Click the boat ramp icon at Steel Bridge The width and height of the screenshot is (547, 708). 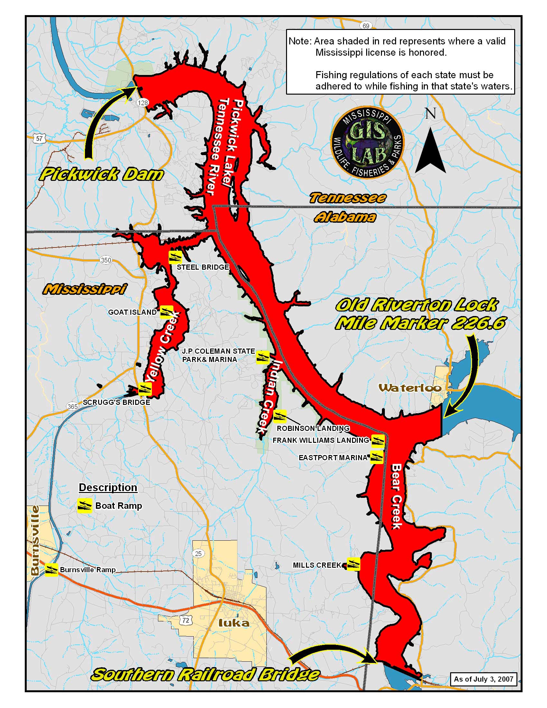pyautogui.click(x=175, y=257)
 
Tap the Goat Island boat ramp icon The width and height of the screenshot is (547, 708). pyautogui.click(x=167, y=312)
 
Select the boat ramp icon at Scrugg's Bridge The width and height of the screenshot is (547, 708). pyautogui.click(x=145, y=389)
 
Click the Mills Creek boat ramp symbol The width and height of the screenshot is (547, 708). pyautogui.click(x=354, y=564)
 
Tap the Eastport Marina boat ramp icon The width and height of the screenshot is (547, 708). pyautogui.click(x=377, y=457)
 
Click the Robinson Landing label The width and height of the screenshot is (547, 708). pyautogui.click(x=313, y=428)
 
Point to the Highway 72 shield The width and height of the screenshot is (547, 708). pyautogui.click(x=186, y=620)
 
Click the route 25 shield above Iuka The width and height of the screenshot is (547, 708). pyautogui.click(x=198, y=554)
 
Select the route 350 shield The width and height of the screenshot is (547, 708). pyautogui.click(x=106, y=260)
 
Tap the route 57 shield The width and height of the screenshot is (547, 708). pyautogui.click(x=39, y=139)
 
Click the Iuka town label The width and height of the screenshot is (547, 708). pyautogui.click(x=234, y=622)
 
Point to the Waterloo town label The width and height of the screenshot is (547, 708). pyautogui.click(x=410, y=388)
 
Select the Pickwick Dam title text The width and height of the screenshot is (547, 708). pyautogui.click(x=101, y=175)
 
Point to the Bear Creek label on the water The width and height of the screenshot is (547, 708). pyautogui.click(x=397, y=496)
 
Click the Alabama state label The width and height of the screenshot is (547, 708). pyautogui.click(x=345, y=217)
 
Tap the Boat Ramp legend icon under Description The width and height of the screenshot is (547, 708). pyautogui.click(x=85, y=506)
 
